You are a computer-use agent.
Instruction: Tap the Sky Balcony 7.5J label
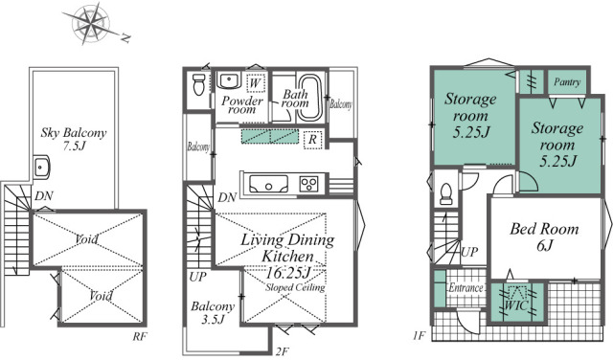click(x=74, y=139)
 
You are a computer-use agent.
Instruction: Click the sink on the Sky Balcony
click(x=41, y=167)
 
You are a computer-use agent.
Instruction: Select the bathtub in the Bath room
click(x=310, y=97)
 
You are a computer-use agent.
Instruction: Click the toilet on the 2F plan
click(x=199, y=84)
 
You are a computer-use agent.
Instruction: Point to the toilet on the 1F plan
click(x=446, y=193)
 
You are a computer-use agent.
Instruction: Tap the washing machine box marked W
click(x=256, y=82)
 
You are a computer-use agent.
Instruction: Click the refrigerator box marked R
click(x=312, y=140)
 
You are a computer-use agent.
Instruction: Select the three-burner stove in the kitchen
click(x=309, y=184)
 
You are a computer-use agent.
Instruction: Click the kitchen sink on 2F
click(x=268, y=184)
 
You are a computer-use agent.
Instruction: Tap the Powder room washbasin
click(x=228, y=81)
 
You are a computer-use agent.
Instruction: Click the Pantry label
click(x=567, y=82)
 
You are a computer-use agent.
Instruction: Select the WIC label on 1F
click(x=516, y=304)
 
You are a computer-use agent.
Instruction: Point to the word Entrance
click(x=466, y=288)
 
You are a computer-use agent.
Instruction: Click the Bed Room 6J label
click(x=544, y=236)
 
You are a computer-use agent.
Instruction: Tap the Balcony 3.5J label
click(x=213, y=313)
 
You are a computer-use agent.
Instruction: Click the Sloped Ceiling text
click(x=295, y=287)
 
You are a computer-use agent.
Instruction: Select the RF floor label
click(x=140, y=336)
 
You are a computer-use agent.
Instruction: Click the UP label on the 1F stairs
click(x=469, y=252)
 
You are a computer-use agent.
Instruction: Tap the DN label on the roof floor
click(x=44, y=196)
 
